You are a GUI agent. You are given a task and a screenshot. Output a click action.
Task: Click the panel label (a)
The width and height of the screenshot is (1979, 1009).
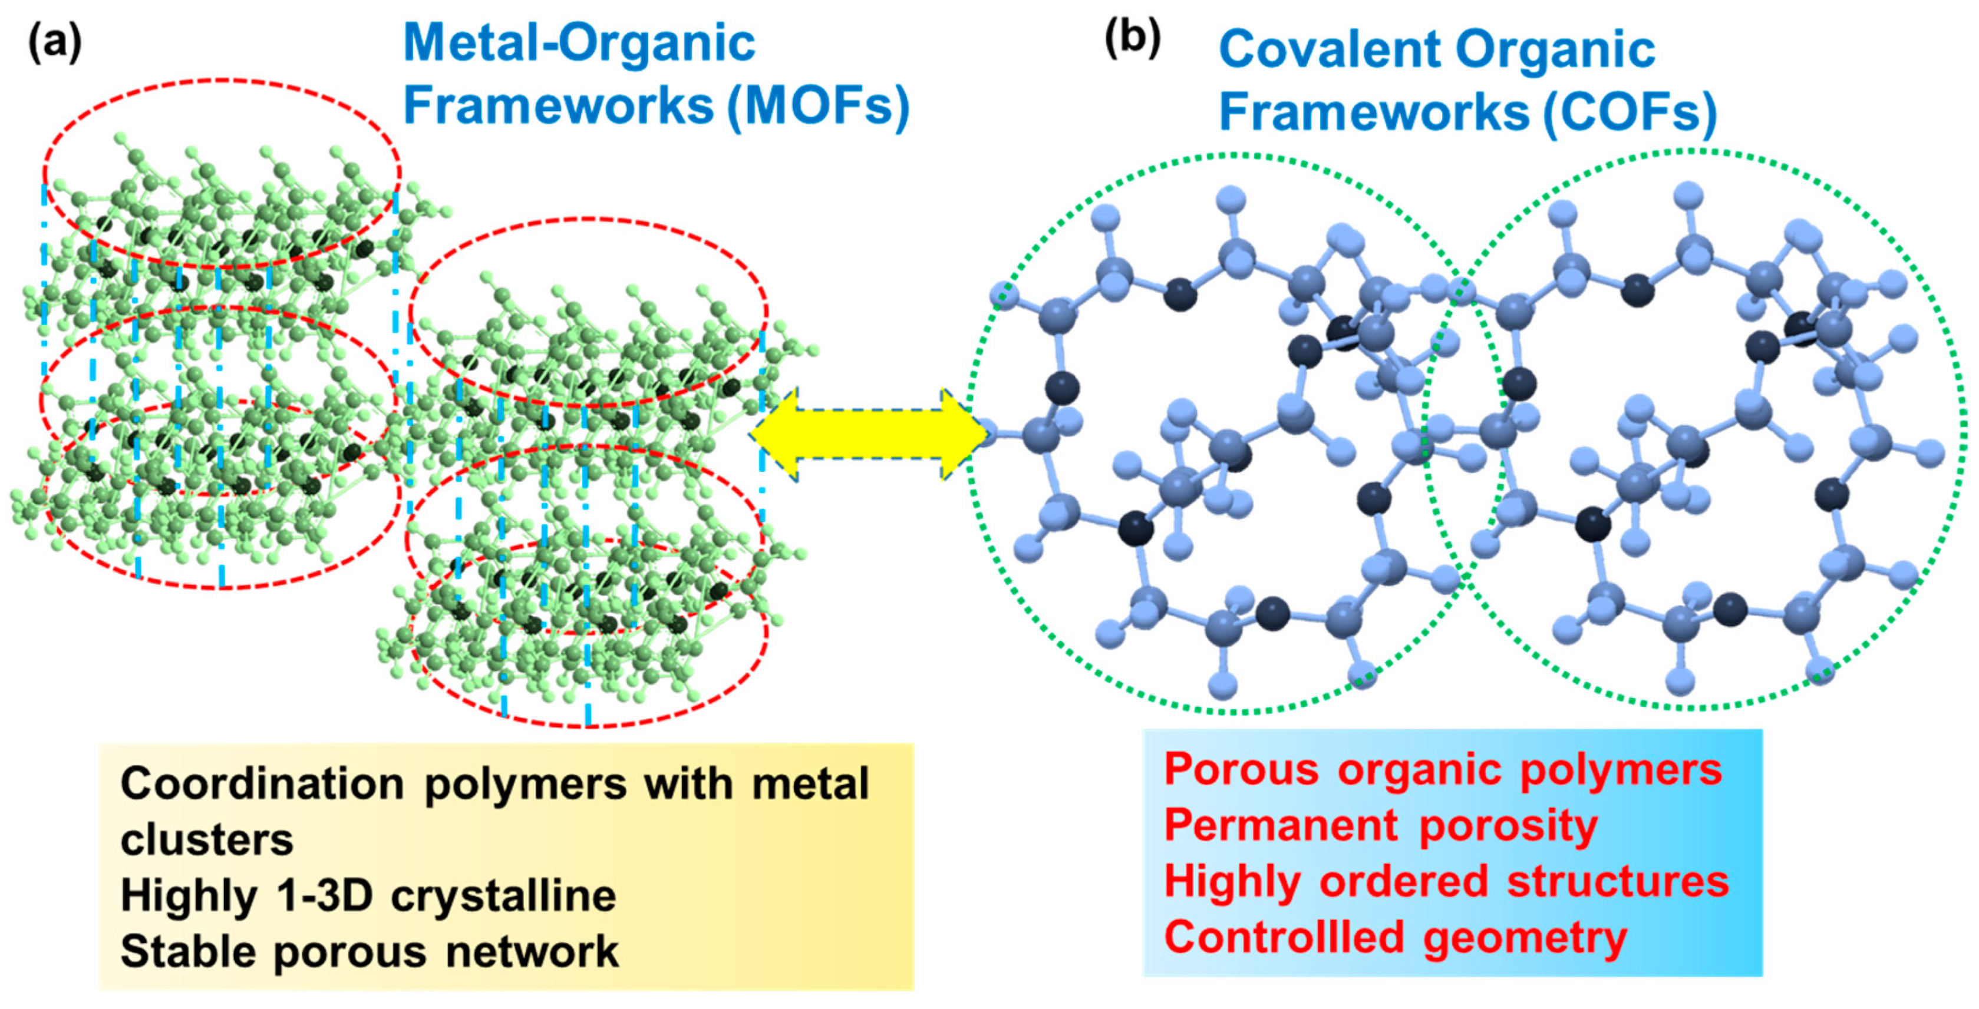pos(55,44)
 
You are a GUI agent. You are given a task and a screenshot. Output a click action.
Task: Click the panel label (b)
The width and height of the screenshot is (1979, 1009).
pos(1132,38)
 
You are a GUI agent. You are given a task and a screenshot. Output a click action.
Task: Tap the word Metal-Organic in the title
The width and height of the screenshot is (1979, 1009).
pos(579,44)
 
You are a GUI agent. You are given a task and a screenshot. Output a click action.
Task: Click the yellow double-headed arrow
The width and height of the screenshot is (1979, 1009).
pos(868,434)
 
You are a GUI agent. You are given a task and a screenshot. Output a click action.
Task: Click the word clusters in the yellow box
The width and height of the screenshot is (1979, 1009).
pos(207,840)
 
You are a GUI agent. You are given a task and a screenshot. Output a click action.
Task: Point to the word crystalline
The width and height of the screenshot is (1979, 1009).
pos(503,896)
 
